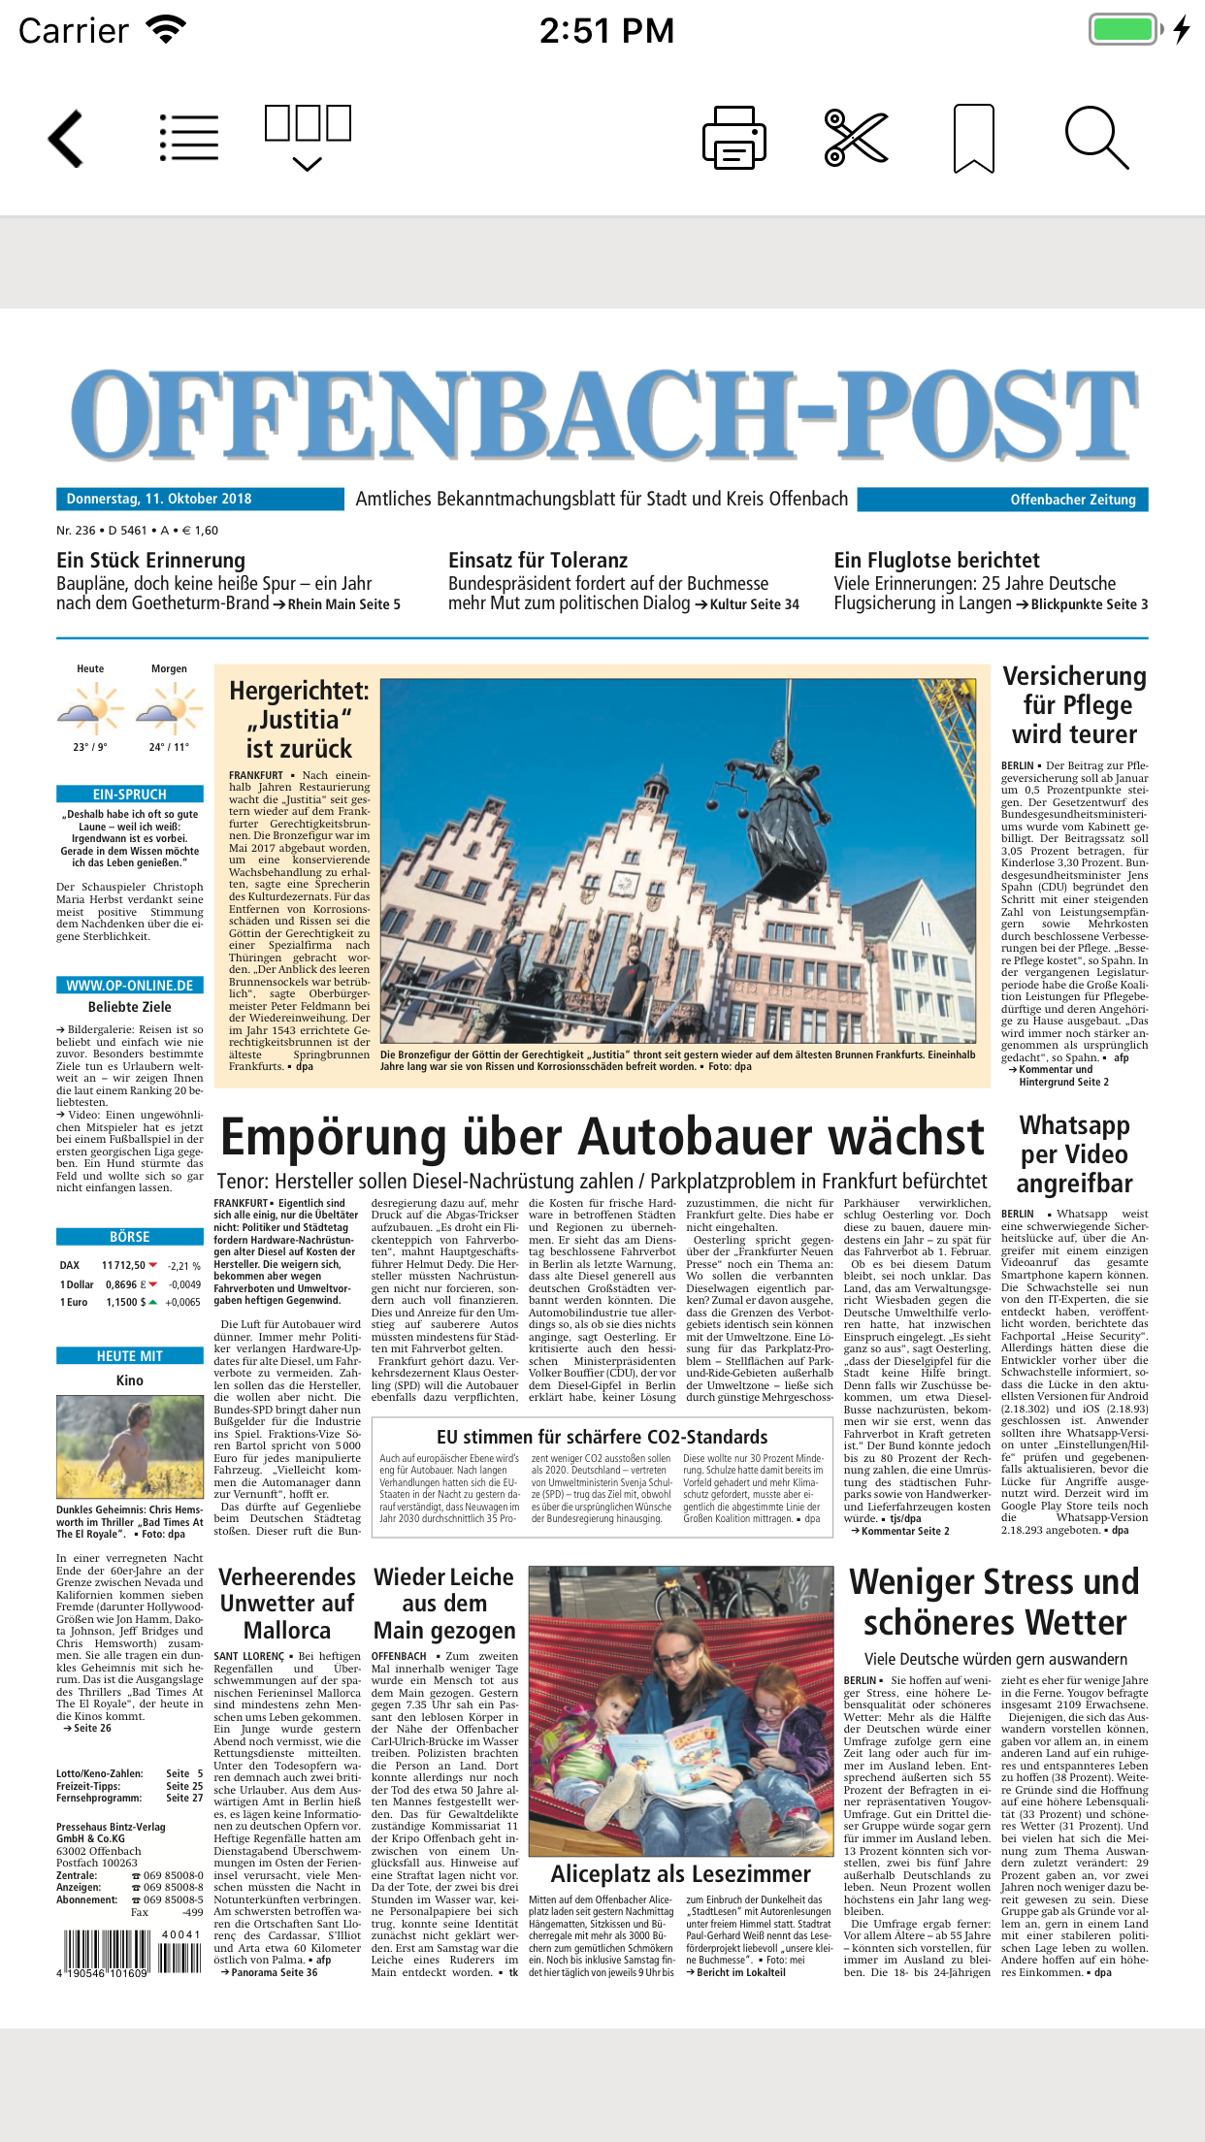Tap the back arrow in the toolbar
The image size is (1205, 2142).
[66, 139]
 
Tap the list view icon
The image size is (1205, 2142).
[189, 138]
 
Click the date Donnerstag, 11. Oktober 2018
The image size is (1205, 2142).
[159, 499]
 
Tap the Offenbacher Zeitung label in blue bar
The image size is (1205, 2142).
[1072, 500]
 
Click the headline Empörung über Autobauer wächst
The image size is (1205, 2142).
[602, 1137]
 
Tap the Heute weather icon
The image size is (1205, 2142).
[90, 708]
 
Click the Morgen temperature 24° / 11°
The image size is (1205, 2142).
[169, 747]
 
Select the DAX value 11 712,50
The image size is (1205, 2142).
[123, 1265]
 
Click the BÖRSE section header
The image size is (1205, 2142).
[130, 1237]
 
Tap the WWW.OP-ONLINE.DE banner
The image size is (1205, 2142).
[130, 985]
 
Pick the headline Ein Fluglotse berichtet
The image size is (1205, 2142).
[936, 560]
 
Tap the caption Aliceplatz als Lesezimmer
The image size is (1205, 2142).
[680, 1873]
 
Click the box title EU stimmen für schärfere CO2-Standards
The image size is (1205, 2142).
[602, 1437]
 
